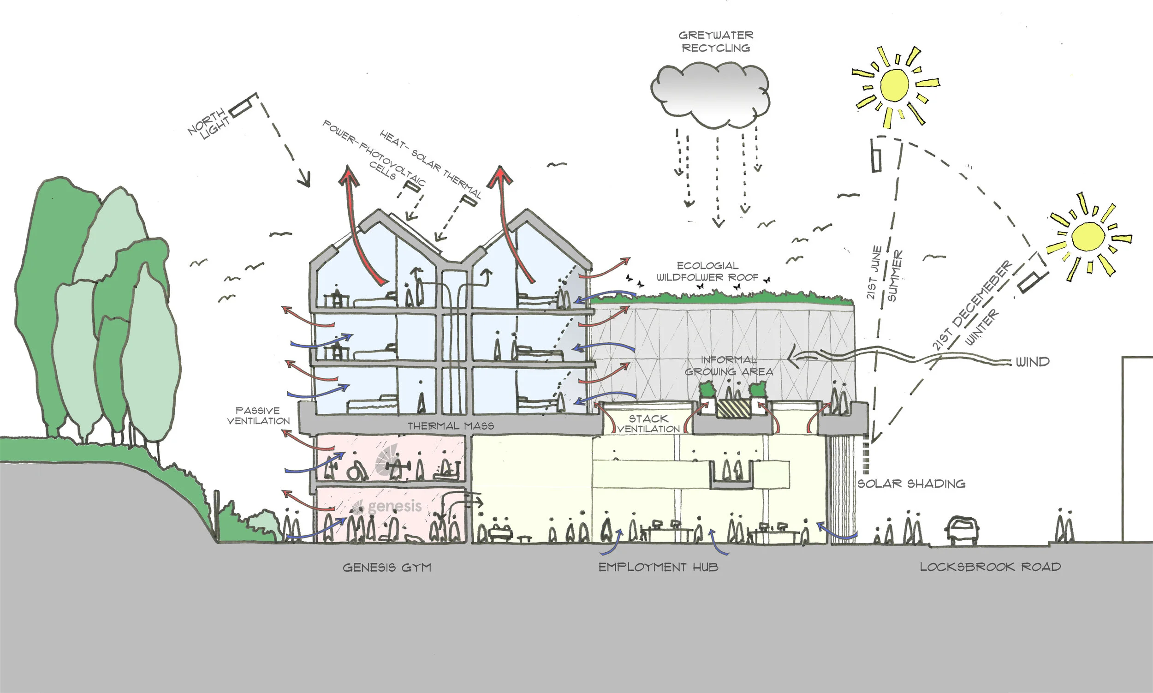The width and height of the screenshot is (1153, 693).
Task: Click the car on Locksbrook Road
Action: point(962,530)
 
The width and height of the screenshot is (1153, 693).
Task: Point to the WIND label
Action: point(1033,362)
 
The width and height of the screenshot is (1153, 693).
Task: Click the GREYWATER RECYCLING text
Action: point(716,42)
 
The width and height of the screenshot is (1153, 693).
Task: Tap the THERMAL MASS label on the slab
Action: point(451,426)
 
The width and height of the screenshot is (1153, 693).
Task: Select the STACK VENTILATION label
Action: point(648,424)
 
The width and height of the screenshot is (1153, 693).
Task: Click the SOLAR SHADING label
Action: point(911,484)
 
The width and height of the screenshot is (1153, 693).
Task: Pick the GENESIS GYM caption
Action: point(387,568)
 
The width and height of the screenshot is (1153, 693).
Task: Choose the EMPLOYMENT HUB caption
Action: point(658,568)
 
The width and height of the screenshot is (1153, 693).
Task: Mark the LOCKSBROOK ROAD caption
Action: point(990,567)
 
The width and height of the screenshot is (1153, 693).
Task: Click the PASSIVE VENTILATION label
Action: point(258,416)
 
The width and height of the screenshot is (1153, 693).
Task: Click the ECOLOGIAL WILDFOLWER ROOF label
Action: point(707,271)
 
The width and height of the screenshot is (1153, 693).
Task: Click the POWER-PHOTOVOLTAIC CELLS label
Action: point(374,152)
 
